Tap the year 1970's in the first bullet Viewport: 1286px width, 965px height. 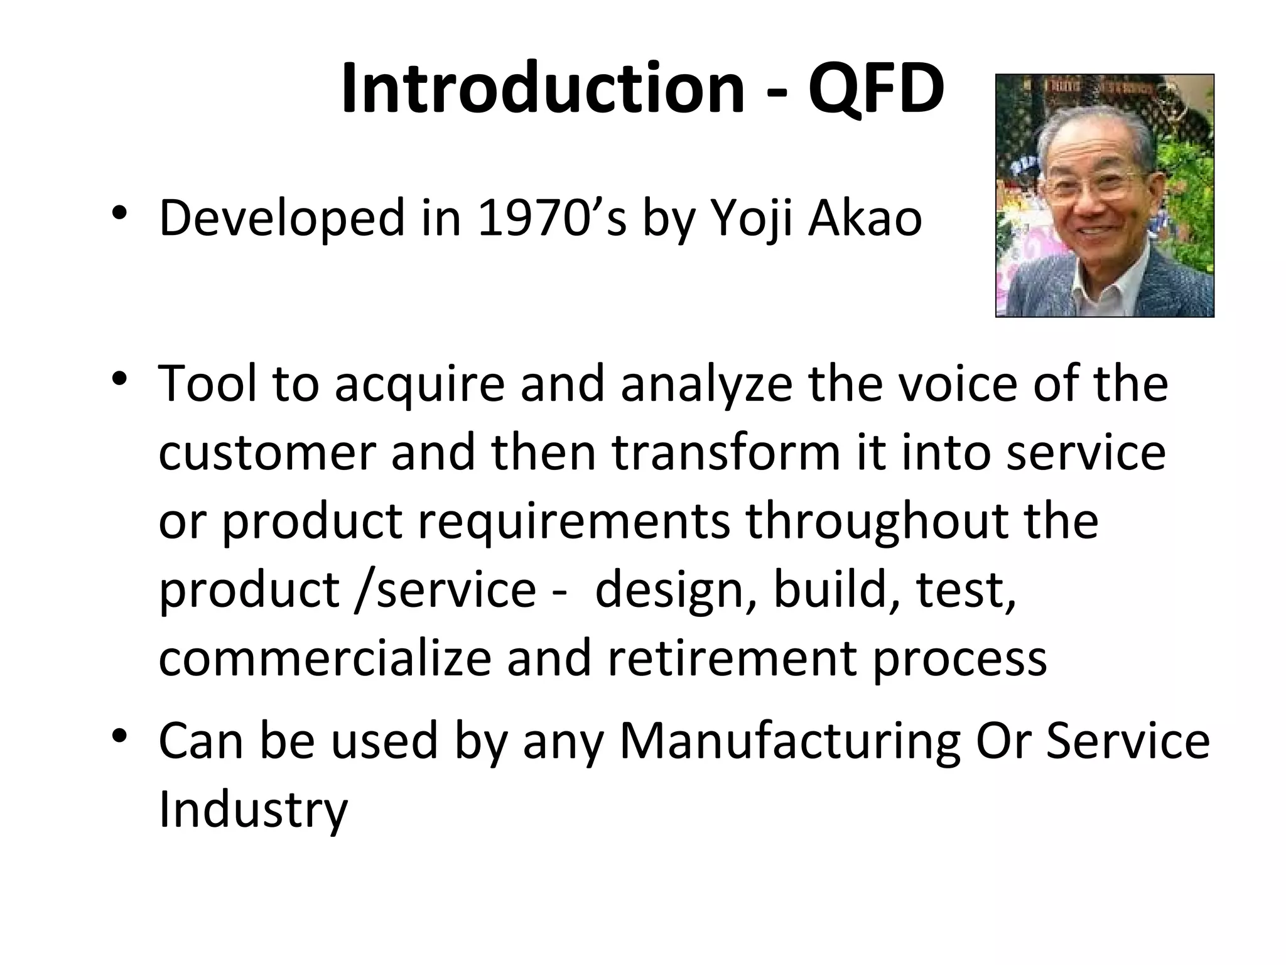coord(551,219)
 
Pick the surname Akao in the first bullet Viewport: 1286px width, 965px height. coord(865,219)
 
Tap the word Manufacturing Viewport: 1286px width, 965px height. coord(790,741)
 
